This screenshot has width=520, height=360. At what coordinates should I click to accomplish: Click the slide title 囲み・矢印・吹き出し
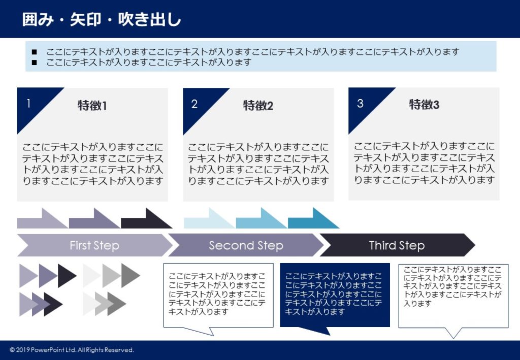102,19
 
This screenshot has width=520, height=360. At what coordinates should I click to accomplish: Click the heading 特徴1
92,106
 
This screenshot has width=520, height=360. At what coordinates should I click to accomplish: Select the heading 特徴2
258,106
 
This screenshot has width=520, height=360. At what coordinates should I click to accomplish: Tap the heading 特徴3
424,105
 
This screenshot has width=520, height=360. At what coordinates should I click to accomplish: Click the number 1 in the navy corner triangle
28,104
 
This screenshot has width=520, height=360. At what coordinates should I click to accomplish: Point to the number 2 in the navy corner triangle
194,104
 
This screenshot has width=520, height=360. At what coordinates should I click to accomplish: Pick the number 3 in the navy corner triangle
361,104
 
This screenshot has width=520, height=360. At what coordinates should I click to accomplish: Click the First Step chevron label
94,246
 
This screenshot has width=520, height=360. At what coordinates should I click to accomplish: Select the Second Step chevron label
246,246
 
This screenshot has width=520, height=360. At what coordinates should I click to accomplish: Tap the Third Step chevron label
397,246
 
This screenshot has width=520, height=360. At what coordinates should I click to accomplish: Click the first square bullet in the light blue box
35,52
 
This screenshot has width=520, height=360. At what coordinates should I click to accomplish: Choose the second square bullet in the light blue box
35,62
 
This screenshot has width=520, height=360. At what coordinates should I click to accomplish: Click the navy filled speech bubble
335,294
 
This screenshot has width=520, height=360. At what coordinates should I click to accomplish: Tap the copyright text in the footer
72,350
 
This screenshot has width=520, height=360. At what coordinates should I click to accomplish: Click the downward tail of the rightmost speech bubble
453,333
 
